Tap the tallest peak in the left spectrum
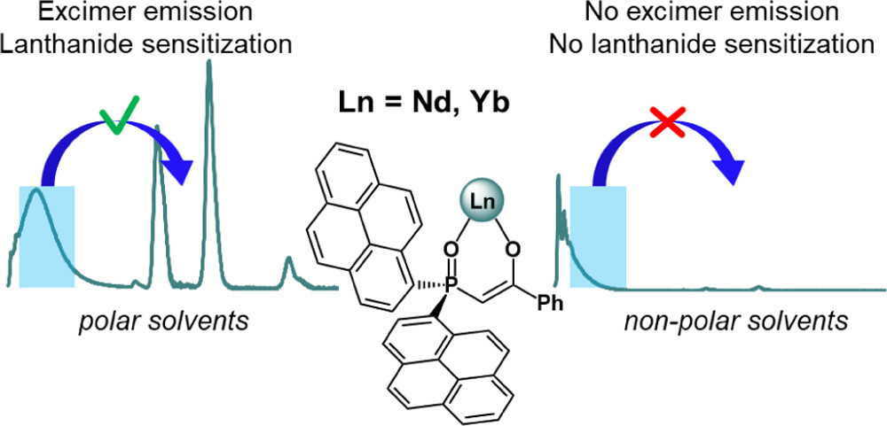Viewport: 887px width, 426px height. (209, 64)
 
